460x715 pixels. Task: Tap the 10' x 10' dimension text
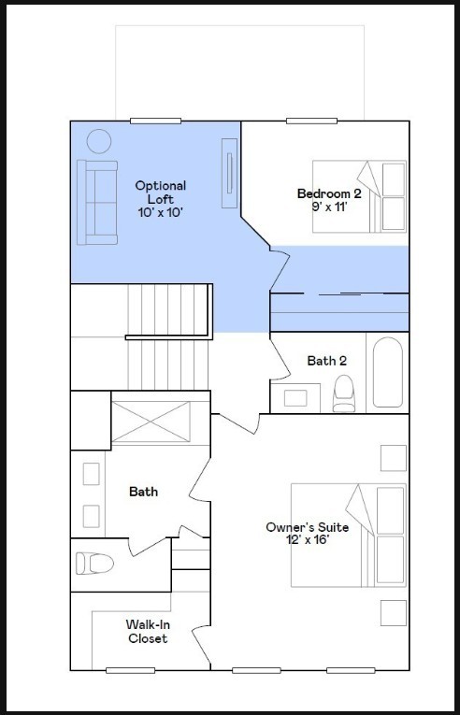(160, 212)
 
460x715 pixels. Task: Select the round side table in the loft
(99, 142)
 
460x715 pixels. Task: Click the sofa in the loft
(97, 202)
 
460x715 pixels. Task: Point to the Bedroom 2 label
(329, 193)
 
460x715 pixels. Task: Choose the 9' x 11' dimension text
(329, 206)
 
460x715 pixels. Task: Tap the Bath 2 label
(327, 361)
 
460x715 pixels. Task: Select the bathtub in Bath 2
(387, 372)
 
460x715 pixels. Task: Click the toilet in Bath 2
(345, 393)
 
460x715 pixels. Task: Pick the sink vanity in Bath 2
(295, 397)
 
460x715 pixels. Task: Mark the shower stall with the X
(150, 422)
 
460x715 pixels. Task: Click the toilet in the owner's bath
(93, 564)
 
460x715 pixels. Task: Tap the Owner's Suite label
(307, 527)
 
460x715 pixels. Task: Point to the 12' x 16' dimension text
(307, 540)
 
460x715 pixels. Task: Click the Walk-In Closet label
(147, 631)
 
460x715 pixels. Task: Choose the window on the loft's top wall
(155, 121)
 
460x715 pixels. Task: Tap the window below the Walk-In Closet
(130, 670)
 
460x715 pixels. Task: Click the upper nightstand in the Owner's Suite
(393, 458)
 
